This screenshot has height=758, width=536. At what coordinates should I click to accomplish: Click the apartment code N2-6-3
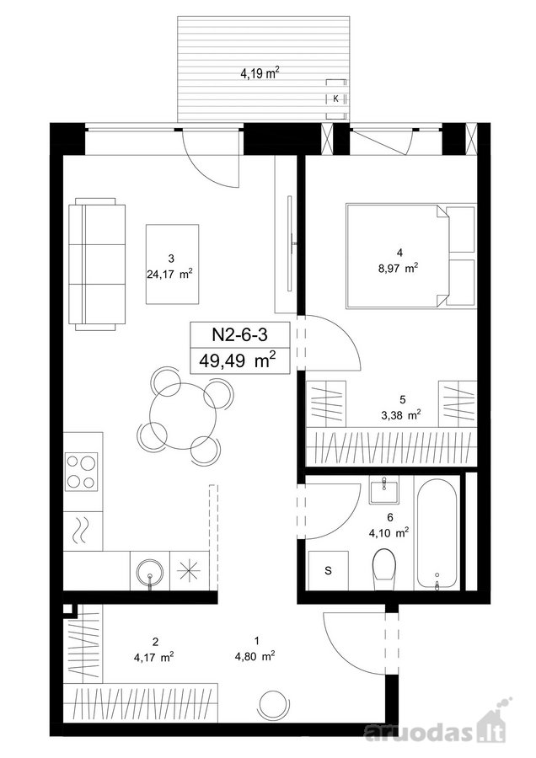click(240, 334)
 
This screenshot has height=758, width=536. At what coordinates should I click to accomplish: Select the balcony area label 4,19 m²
click(260, 73)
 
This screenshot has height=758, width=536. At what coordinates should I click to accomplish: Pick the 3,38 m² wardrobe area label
click(401, 414)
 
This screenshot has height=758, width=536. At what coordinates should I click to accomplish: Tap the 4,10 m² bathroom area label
click(389, 534)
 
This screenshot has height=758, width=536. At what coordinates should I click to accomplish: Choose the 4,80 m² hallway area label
click(256, 656)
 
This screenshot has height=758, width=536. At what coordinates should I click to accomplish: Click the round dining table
click(183, 416)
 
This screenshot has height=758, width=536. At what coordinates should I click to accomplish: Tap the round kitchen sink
click(150, 572)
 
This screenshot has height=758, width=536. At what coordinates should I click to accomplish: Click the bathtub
click(437, 533)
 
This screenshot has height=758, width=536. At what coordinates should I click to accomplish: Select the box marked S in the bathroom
click(329, 570)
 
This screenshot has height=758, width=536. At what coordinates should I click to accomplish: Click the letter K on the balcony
click(335, 99)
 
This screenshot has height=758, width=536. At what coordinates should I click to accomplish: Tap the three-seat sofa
click(97, 264)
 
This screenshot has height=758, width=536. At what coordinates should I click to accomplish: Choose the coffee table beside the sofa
click(173, 264)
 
